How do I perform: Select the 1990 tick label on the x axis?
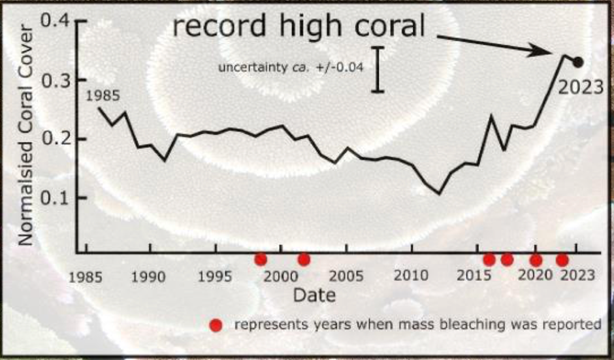[150, 276]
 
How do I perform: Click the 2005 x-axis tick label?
[346, 276]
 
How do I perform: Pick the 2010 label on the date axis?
[411, 276]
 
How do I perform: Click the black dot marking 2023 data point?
[578, 62]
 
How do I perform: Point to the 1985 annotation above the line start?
[103, 96]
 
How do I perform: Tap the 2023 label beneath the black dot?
[581, 87]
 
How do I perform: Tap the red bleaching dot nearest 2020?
[536, 260]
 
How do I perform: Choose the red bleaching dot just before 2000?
[261, 259]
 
